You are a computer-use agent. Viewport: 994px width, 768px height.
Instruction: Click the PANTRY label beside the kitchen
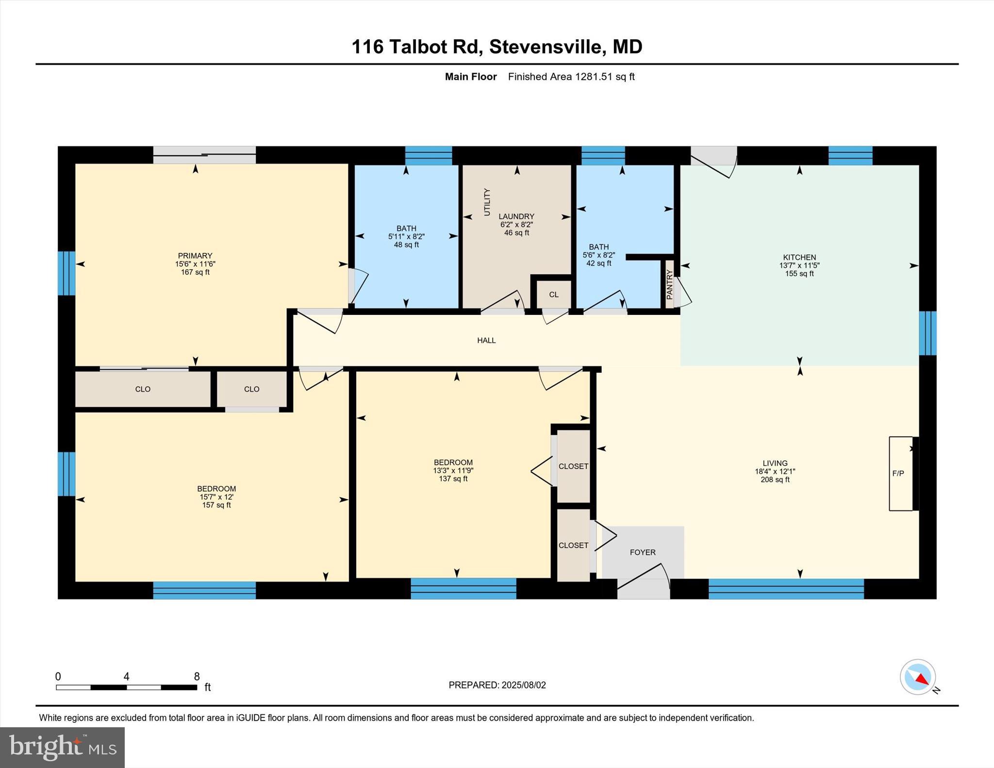(x=670, y=285)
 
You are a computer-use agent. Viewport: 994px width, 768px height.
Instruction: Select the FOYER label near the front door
(x=643, y=552)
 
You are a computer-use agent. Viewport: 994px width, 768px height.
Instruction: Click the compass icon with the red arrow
(x=917, y=677)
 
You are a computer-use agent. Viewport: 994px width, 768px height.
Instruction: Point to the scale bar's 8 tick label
(x=197, y=676)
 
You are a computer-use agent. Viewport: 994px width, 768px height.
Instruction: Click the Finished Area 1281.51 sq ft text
(x=571, y=77)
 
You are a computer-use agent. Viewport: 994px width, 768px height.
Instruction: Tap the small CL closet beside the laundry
(x=554, y=294)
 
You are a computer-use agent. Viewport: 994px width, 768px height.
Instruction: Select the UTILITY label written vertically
(x=487, y=202)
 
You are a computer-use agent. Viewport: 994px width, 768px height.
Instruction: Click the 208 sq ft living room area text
(x=775, y=480)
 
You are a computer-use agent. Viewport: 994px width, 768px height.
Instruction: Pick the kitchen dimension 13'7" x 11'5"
(x=799, y=265)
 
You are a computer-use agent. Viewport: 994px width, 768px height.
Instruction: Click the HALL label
(x=486, y=341)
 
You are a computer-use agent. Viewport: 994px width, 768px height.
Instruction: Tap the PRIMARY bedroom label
(x=195, y=256)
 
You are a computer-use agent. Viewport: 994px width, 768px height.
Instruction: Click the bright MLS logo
(x=63, y=747)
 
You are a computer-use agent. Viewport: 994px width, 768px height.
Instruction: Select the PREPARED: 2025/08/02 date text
(x=497, y=685)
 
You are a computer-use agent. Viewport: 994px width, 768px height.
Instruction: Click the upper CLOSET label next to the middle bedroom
(x=573, y=466)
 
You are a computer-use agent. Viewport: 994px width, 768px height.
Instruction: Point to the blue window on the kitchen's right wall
(x=928, y=333)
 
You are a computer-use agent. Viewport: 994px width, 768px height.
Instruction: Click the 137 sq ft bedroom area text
(x=453, y=479)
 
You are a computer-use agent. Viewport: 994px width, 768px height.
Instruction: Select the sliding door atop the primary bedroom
(x=204, y=155)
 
